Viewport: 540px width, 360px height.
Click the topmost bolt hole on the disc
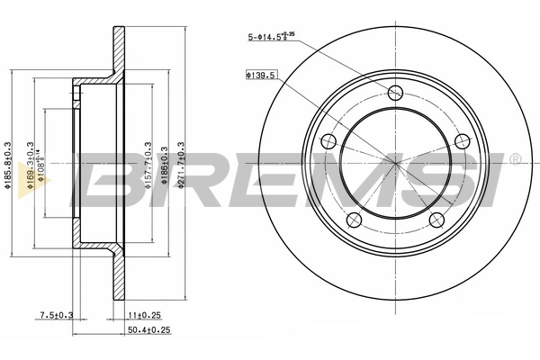[x=395, y=91]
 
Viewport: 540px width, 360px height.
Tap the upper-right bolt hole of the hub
[x=463, y=140]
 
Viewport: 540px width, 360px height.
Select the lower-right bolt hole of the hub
[x=437, y=220]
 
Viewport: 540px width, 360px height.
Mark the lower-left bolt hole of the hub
[x=354, y=220]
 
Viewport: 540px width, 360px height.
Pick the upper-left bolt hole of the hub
[x=328, y=140]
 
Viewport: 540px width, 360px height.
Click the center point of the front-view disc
[x=395, y=162]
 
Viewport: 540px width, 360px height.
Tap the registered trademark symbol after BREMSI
[x=514, y=160]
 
